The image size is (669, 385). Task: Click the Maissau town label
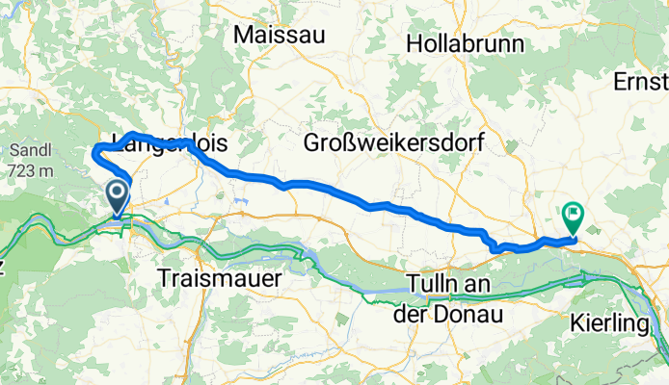pos(280,34)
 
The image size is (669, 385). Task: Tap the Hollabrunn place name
pos(465,43)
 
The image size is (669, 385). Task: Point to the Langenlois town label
pos(170,143)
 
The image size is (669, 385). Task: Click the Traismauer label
pos(219,279)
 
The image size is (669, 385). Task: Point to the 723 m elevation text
pos(31,170)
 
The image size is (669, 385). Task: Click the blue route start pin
pos(118,198)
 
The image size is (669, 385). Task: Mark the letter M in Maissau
pos(242,34)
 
